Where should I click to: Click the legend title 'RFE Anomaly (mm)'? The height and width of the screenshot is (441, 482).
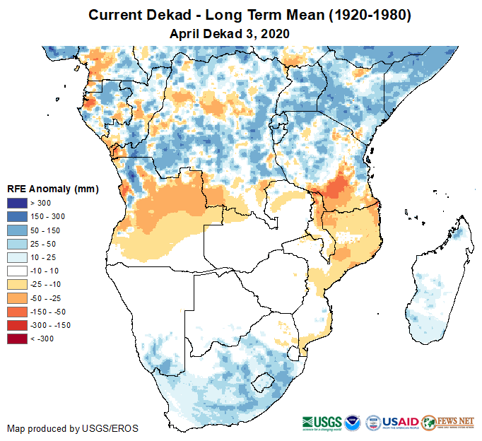point(53,189)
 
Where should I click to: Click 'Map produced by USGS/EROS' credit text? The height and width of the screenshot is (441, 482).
point(73,428)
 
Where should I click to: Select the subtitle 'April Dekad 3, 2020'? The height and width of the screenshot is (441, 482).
point(230,33)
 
